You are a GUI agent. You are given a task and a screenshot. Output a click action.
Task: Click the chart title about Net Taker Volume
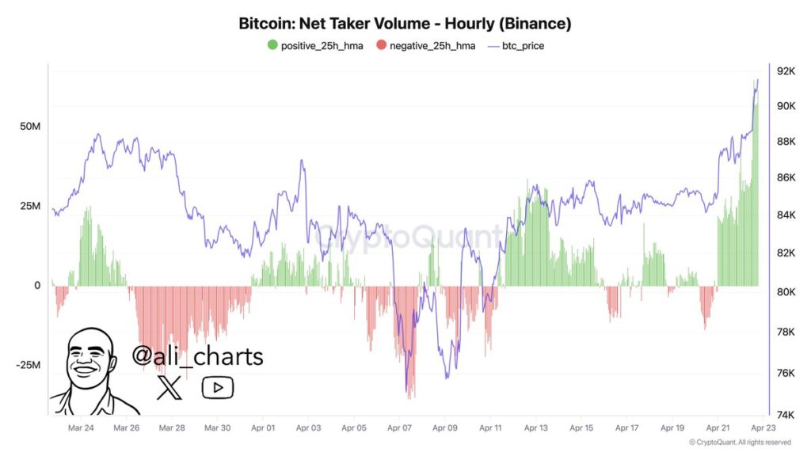[405, 24]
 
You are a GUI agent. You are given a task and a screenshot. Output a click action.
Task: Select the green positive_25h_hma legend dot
[273, 45]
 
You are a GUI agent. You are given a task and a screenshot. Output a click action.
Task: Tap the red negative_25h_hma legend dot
[382, 45]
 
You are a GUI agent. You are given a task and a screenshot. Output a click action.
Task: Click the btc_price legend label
[523, 46]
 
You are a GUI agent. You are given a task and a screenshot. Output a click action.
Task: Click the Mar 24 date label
[81, 427]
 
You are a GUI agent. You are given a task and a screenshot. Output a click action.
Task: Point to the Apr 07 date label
[400, 427]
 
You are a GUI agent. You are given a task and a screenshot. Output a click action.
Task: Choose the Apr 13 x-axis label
[536, 427]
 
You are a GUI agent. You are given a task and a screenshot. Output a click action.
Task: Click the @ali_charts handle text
[197, 356]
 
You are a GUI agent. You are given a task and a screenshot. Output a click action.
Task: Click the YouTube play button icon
[217, 387]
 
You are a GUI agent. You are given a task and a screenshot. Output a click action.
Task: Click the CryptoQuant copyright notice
[740, 442]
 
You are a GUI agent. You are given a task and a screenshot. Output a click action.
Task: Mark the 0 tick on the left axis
[36, 285]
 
